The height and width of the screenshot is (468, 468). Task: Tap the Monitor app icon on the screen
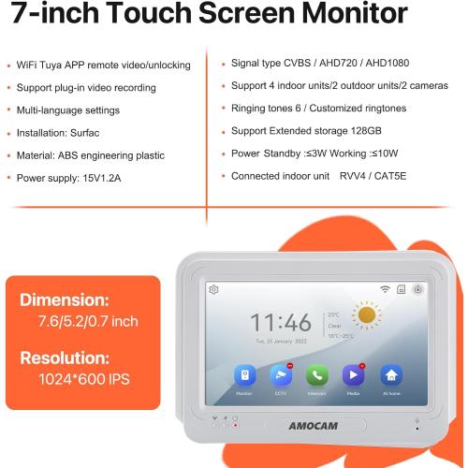(x=244, y=374)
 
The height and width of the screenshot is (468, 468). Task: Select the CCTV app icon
(x=279, y=374)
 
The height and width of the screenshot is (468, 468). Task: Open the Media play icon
(x=353, y=374)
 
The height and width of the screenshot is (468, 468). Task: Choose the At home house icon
(x=390, y=374)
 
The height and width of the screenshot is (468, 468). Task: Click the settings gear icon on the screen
(x=214, y=289)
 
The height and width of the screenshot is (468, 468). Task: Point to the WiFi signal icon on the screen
(x=384, y=290)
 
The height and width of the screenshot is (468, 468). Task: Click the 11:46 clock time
(x=280, y=323)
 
